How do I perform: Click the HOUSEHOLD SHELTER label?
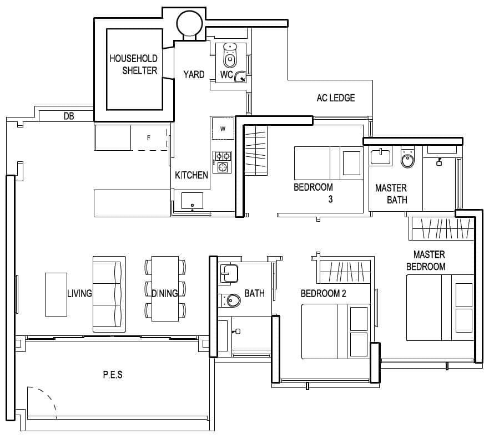pos(133,64)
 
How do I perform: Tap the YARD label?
pos(194,74)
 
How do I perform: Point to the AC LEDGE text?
pos(336,98)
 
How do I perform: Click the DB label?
pos(69,116)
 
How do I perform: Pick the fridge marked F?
pos(149,138)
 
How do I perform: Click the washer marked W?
pos(223,129)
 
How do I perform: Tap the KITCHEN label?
pos(191,175)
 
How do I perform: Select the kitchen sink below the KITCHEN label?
pos(192,201)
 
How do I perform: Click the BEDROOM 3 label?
pos(314,192)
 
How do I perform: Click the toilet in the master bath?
pos(407,159)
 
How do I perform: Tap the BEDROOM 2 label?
pos(323,293)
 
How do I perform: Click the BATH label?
pos(254,293)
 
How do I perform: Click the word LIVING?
pos(79,293)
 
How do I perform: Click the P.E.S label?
pos(113,375)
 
